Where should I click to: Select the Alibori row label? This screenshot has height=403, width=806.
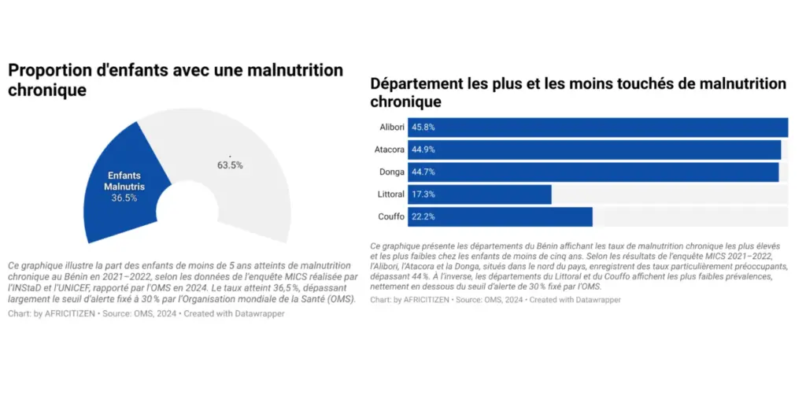(x=391, y=128)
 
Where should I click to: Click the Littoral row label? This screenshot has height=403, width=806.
(x=390, y=194)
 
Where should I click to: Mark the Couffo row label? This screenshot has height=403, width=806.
(x=391, y=216)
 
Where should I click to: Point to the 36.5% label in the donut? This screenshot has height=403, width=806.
(x=124, y=198)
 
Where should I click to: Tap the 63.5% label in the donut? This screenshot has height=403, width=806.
(x=230, y=165)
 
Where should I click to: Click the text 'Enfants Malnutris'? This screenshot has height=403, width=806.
(x=124, y=181)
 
